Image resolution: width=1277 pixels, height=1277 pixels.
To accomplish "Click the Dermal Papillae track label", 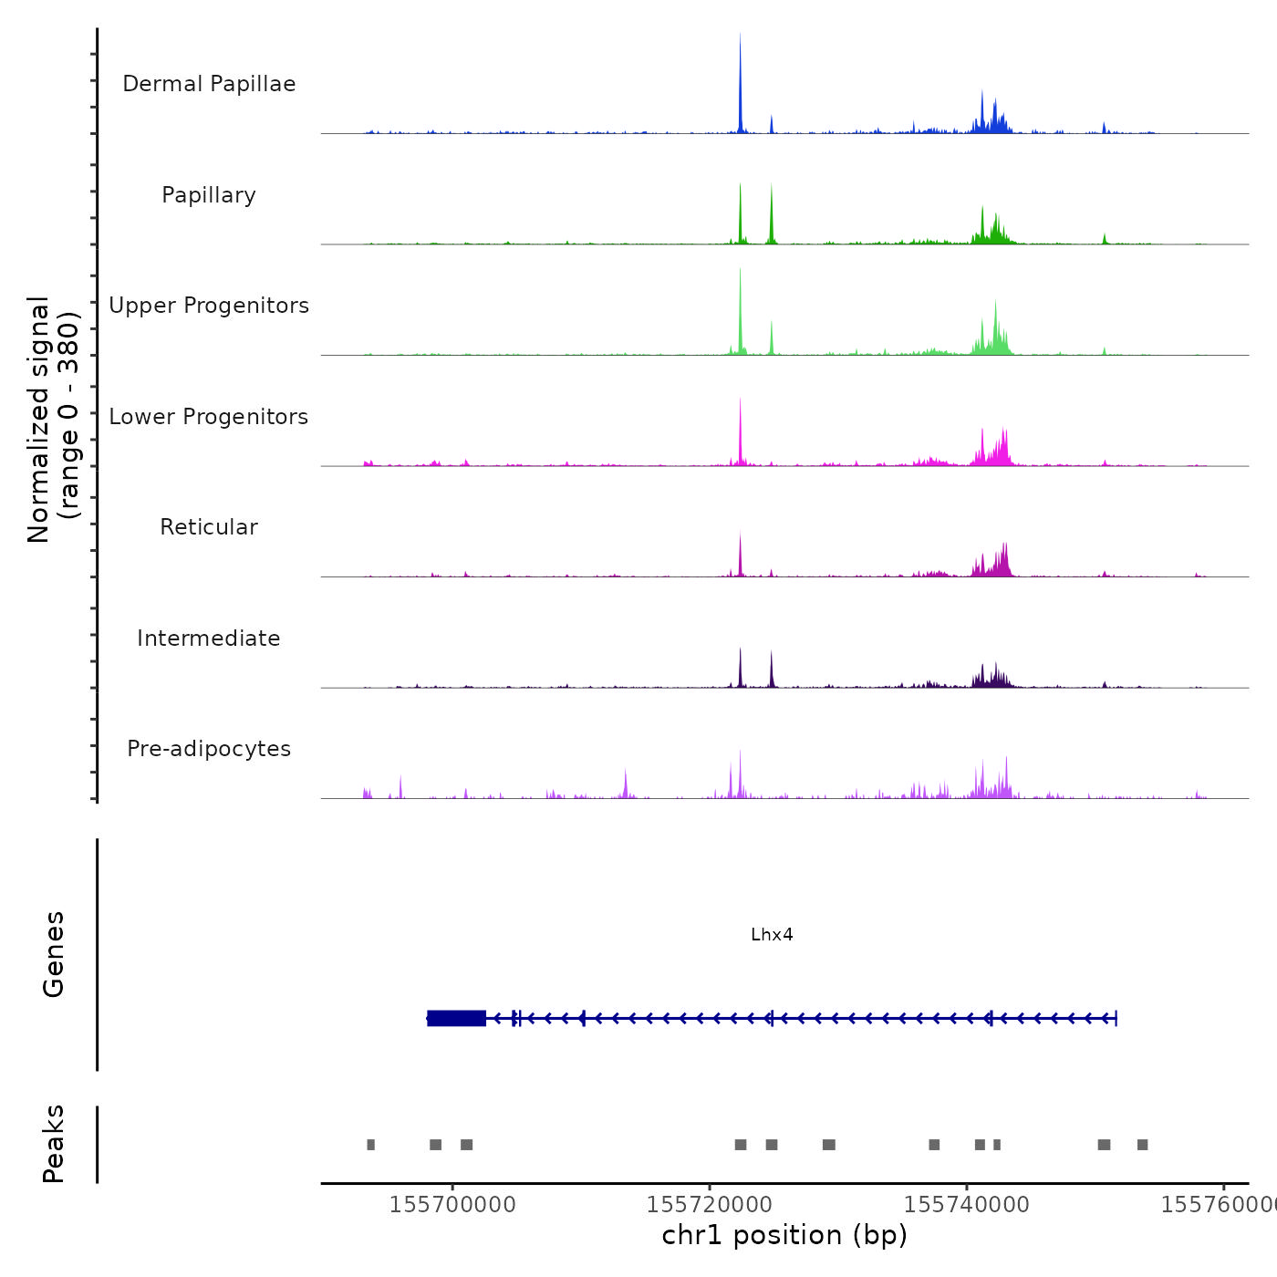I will click(x=209, y=84).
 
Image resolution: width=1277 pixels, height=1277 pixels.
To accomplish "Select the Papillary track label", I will click(x=209, y=195).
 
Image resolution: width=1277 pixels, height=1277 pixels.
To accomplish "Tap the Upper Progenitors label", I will click(x=209, y=306).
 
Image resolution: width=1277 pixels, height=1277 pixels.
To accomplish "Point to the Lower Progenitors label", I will click(x=209, y=417).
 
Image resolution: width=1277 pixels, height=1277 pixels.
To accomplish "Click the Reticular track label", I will click(x=209, y=527).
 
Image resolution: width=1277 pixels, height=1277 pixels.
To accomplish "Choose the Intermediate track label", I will click(x=209, y=638).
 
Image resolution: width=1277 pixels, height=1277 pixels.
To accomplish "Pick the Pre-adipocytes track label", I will click(x=209, y=749).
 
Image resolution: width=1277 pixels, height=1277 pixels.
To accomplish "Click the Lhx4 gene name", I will click(x=772, y=934).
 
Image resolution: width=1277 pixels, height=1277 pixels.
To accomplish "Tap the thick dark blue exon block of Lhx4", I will click(x=456, y=1018).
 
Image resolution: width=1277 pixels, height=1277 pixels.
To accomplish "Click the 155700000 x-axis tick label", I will click(x=452, y=1204).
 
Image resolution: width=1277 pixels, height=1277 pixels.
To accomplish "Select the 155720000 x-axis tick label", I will click(x=710, y=1204).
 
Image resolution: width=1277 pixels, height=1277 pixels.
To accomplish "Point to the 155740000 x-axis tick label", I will click(x=967, y=1204).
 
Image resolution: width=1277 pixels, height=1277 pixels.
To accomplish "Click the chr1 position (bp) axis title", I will click(x=784, y=1235).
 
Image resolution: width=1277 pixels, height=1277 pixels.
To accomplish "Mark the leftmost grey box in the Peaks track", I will click(x=370, y=1145).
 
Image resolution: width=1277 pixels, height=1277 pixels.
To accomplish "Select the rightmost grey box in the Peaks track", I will click(x=1142, y=1145).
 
